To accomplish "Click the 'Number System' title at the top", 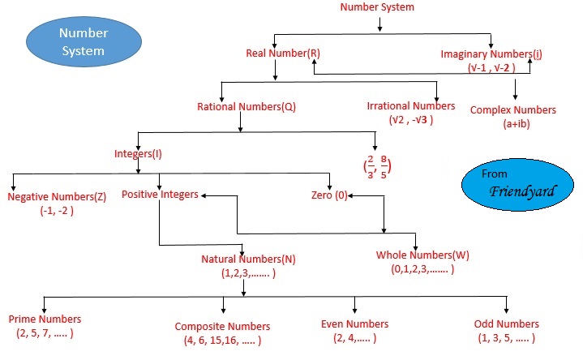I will click(376, 7).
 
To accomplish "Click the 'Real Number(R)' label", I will click(283, 54).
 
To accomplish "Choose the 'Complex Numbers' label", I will click(513, 109).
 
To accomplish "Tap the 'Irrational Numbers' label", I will click(411, 106).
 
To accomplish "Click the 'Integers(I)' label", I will click(139, 152).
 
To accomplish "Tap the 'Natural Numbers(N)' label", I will click(247, 259).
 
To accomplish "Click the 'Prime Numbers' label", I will click(45, 319).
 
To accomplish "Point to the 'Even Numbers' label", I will click(355, 324).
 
